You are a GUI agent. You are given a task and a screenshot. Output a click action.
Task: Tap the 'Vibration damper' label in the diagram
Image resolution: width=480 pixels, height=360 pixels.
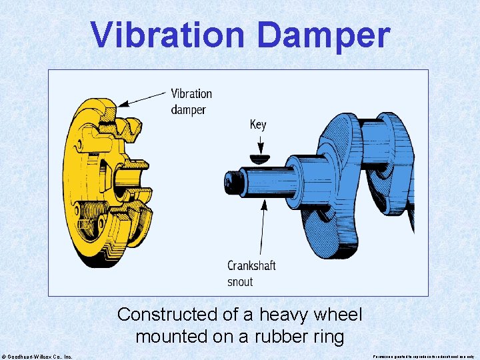pos(191,101)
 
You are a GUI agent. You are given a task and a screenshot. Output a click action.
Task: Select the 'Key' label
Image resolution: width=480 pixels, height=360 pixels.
pos(259,124)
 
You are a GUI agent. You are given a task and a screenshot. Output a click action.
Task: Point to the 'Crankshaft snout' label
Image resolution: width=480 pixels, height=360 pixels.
pos(251,273)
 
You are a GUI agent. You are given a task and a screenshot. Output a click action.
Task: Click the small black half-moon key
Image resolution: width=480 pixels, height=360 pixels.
pos(259,158)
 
